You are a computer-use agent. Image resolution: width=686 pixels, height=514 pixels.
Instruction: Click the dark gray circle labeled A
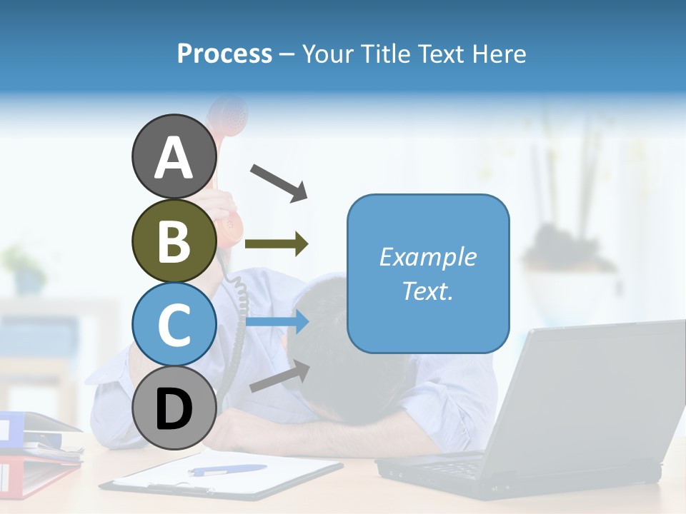coord(174,157)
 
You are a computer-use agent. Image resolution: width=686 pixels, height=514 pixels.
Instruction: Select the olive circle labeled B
coord(174,241)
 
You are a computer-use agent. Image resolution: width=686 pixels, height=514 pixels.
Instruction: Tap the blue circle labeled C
coord(174,325)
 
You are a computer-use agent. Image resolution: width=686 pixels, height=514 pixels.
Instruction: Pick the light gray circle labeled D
coord(174,408)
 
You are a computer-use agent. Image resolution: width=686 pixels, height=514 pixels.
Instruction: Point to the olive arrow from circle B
coord(277,244)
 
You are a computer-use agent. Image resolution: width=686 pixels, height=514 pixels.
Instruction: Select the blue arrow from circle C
coord(277,323)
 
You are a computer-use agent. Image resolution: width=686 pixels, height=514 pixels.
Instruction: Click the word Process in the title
coord(224,54)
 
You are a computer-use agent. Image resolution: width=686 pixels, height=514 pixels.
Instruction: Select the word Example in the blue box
coord(427,257)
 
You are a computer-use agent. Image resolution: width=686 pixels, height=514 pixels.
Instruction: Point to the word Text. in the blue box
coord(427,291)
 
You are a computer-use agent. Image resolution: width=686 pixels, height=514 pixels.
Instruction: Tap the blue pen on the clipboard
coord(227,470)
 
